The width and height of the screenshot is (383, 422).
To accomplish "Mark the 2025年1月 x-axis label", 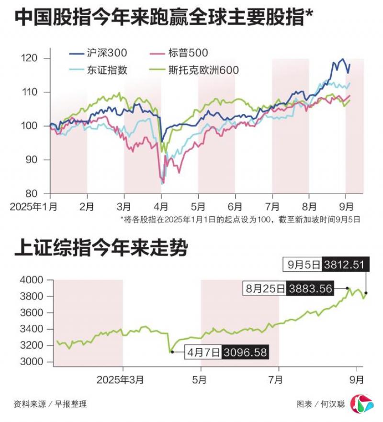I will pos(34,207).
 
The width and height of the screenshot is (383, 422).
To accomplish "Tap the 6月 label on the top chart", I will pos(235,207).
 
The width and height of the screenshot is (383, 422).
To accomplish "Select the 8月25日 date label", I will pos(265,289).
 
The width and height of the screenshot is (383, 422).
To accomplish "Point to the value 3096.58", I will pos(246,353).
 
